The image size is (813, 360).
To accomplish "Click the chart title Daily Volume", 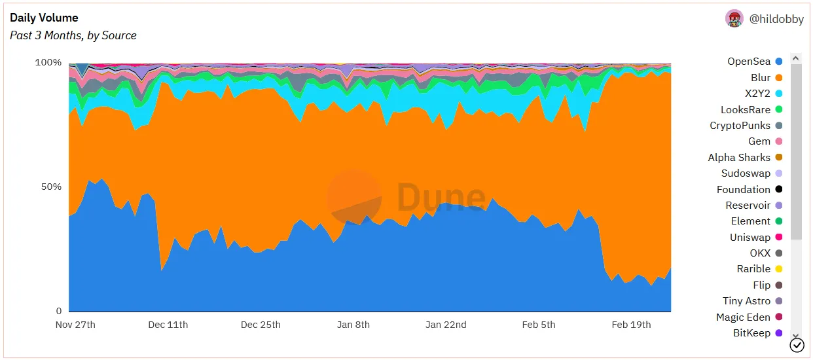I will (44, 18).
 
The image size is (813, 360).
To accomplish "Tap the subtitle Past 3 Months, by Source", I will (73, 35).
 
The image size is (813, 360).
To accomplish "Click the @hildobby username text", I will (776, 19).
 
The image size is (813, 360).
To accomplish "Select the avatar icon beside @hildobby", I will (734, 18).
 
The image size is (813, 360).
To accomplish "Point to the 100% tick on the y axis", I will (48, 63).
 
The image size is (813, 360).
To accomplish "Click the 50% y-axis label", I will (50, 187).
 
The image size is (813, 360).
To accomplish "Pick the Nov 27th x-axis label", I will (75, 325).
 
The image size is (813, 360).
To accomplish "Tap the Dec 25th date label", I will (261, 325).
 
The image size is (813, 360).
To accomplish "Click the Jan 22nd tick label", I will (446, 325).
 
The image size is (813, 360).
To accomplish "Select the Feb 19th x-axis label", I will (631, 325).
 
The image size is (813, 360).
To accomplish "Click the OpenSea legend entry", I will (749, 62).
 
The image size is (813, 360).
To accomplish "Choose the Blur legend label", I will (761, 77).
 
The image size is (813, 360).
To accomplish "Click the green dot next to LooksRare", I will (779, 109).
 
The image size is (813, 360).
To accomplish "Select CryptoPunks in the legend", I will (740, 125).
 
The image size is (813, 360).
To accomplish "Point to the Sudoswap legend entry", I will (746, 173).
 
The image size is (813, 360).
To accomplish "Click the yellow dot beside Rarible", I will (779, 269).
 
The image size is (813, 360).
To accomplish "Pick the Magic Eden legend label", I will (743, 317).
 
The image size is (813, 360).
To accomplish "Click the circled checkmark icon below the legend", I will (797, 345).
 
